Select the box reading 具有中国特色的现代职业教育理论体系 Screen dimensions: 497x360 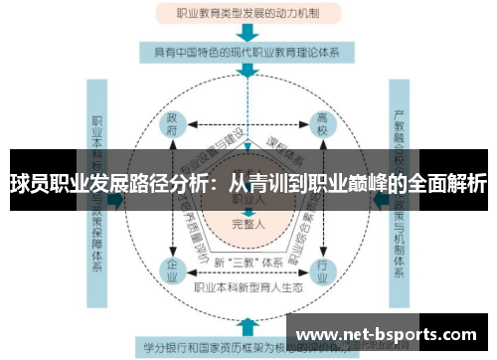click(246, 51)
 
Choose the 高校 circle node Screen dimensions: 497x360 click(321, 123)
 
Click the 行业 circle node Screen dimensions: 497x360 click(321, 270)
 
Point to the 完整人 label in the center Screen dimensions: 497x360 click(248, 224)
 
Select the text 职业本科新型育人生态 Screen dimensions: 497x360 click(248, 288)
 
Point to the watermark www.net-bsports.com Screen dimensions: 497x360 click(392, 334)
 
